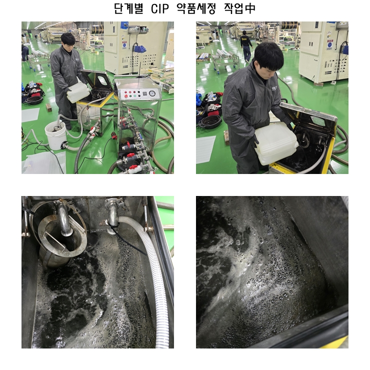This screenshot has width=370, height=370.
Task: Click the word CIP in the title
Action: pos(160,8)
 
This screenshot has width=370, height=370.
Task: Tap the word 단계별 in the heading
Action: pos(128,8)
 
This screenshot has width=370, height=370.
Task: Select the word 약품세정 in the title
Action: pos(196,8)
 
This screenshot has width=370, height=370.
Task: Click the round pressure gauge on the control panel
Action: pos(152,93)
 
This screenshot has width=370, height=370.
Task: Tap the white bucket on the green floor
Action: pos(55,135)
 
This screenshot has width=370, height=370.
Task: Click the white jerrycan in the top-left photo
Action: pos(78,92)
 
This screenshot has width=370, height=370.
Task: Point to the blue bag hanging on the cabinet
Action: pos(139,49)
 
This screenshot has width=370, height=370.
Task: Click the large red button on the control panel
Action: pos(126,96)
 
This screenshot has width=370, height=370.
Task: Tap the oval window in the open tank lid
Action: pos(103,80)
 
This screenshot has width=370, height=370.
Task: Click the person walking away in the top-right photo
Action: pos(246,46)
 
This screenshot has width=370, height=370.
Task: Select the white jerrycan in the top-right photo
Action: pos(275,143)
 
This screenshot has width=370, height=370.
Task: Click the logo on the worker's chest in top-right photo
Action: pos(274,88)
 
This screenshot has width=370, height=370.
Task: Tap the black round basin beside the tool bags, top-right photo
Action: pos(210,121)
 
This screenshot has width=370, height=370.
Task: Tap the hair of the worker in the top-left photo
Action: pos(68,38)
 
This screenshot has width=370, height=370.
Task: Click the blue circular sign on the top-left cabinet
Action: pos(124,44)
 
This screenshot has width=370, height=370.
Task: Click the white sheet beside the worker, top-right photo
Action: pos(205,149)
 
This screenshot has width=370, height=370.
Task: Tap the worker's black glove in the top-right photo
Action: pos(255,140)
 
